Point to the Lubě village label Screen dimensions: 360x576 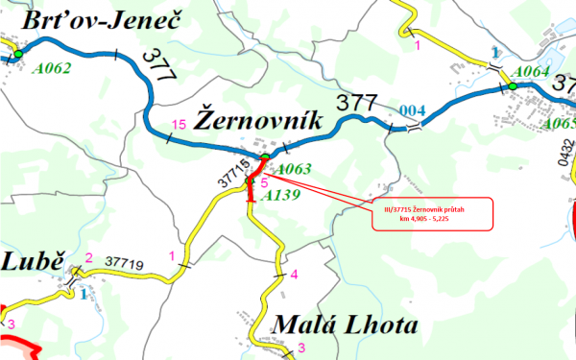32,263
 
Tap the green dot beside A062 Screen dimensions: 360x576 17,54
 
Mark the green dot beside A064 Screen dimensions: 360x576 514,85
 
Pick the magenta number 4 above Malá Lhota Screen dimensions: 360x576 294,276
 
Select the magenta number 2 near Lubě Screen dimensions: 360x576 88,257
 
